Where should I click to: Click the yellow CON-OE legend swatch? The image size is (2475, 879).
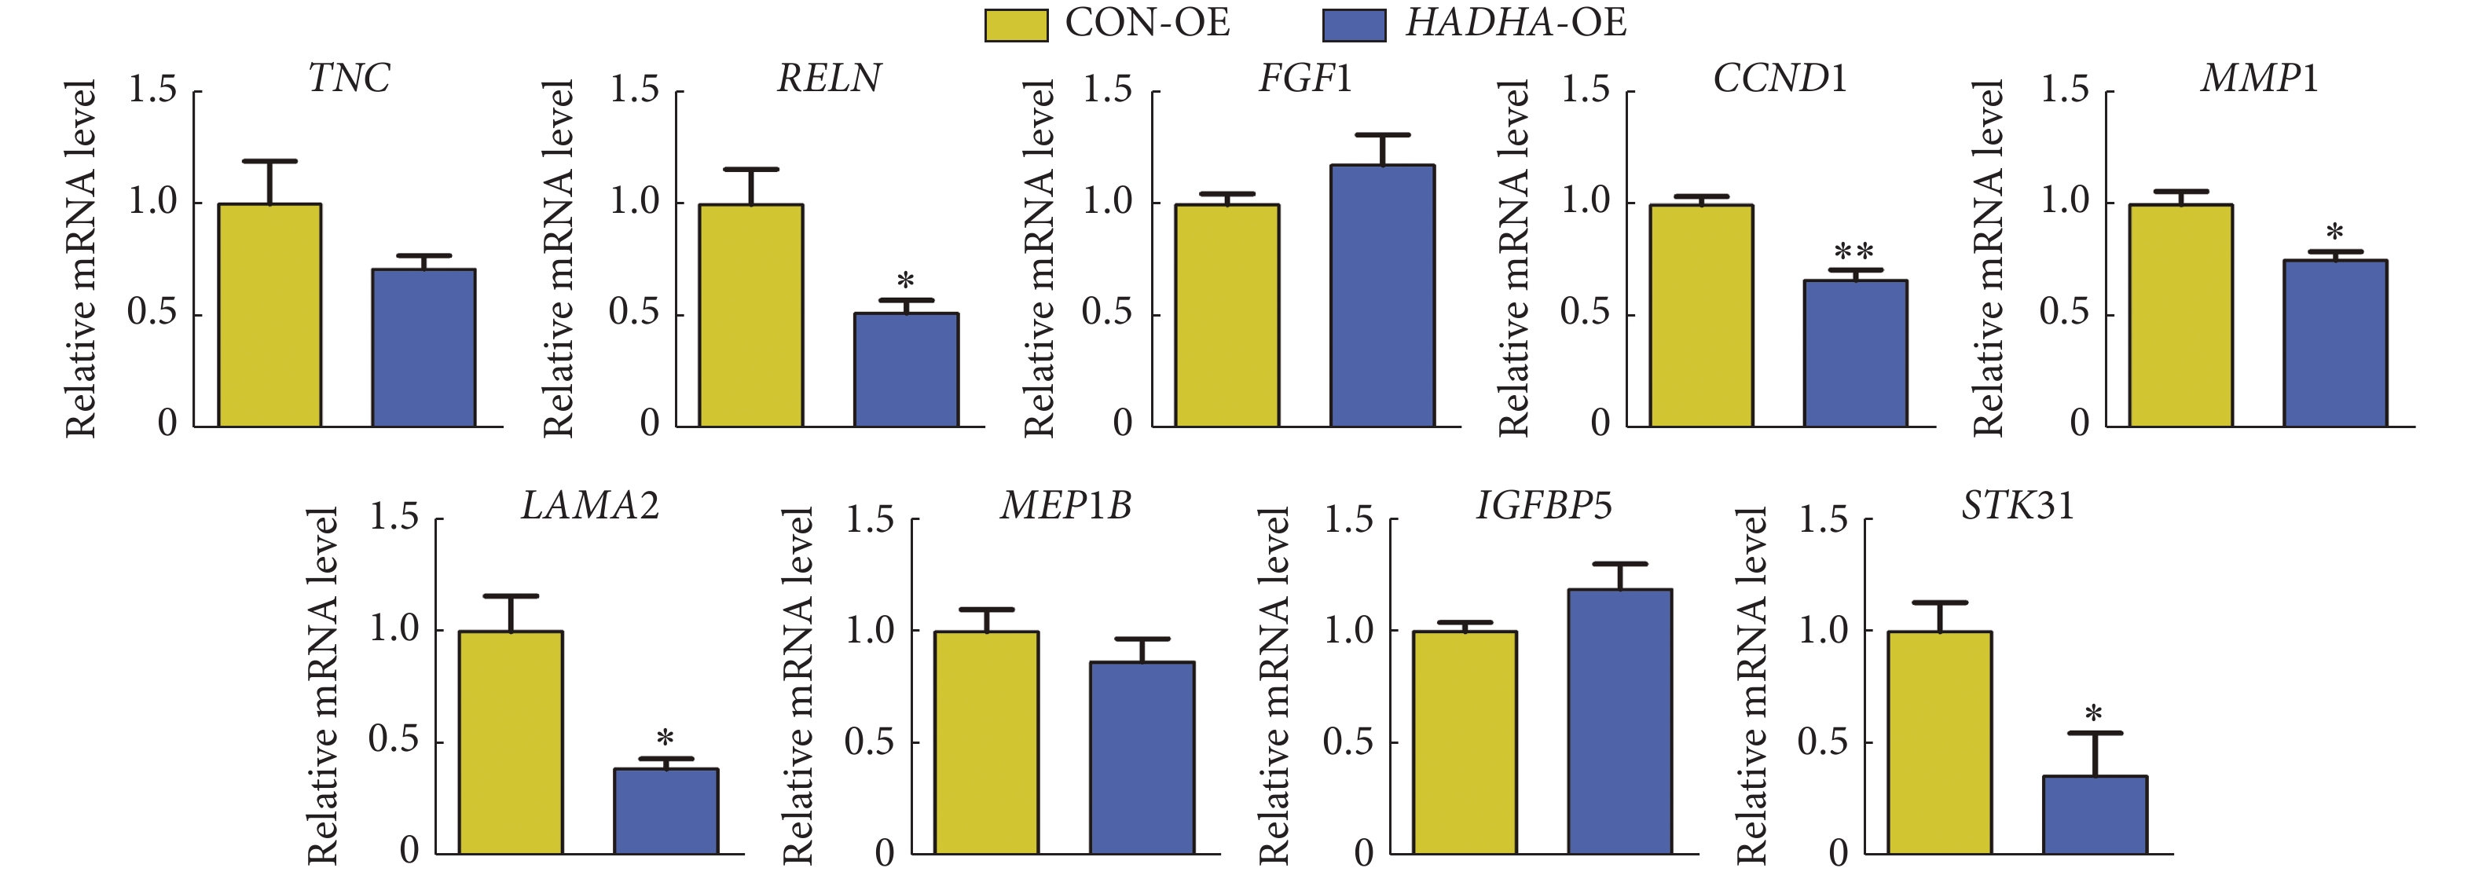[1016, 25]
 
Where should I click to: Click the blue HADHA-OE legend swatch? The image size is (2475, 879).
[1354, 25]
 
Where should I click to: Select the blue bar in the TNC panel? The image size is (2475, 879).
[423, 348]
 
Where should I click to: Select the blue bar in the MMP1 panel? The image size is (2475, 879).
[2334, 343]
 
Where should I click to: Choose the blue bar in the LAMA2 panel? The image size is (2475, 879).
[665, 811]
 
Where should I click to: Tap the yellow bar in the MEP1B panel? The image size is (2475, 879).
[986, 742]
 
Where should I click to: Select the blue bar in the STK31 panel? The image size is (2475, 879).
[2095, 815]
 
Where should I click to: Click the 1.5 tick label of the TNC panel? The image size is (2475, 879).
[152, 90]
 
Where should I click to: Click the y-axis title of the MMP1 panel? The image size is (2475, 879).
[1987, 259]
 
